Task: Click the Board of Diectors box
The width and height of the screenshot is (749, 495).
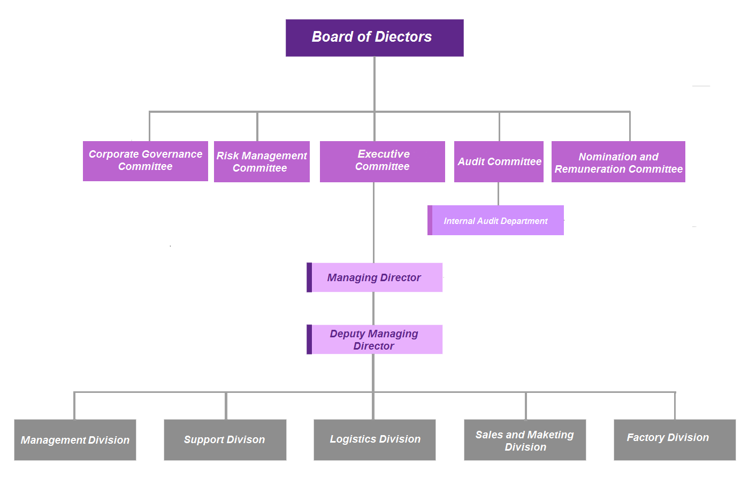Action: click(x=374, y=38)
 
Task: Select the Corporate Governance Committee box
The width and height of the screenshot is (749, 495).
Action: click(x=146, y=161)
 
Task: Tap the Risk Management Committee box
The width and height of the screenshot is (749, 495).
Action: click(x=262, y=161)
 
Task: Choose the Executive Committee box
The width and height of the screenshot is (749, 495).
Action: click(x=382, y=161)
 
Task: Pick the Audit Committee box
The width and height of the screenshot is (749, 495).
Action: click(x=499, y=161)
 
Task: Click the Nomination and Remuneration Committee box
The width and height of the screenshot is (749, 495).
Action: click(x=618, y=161)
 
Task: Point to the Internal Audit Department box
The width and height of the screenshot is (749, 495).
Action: click(x=496, y=220)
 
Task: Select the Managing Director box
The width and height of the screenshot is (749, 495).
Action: click(x=374, y=277)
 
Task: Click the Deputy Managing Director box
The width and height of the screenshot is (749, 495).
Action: click(x=374, y=339)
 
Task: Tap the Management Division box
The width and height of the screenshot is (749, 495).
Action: click(x=75, y=440)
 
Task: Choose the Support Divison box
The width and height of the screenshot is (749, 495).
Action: click(x=225, y=440)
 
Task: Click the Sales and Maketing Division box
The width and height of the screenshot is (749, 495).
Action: click(x=525, y=440)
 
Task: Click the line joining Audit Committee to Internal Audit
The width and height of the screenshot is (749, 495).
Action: click(x=498, y=194)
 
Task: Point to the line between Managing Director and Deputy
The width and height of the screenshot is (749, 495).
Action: click(x=373, y=308)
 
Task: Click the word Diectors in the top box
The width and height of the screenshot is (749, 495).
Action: click(x=403, y=37)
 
